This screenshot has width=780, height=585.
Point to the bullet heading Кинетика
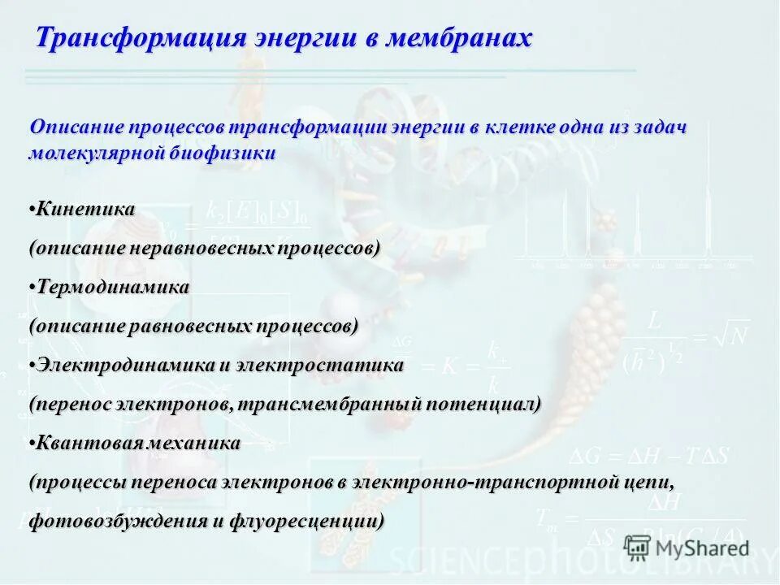85,209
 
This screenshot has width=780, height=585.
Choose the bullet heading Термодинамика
113,287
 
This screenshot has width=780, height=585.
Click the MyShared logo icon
638,548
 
